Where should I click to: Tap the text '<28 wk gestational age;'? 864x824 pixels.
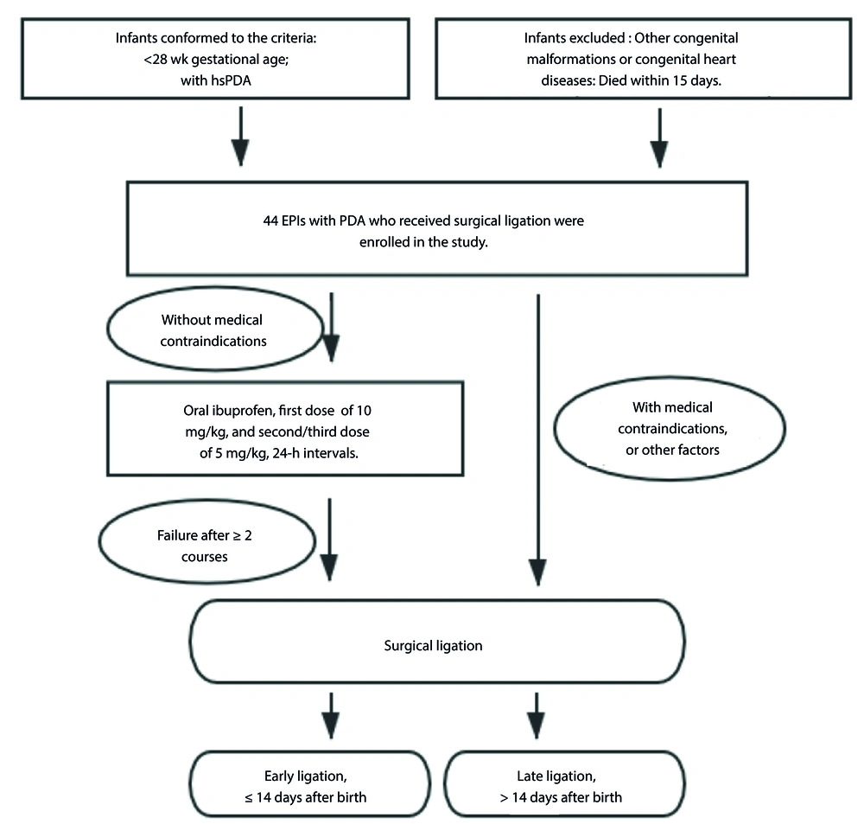216,60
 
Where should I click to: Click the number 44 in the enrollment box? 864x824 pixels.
270,220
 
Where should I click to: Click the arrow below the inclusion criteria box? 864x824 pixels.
240,137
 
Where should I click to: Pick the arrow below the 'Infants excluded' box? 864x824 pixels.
659,137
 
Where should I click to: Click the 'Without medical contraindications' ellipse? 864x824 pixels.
107,329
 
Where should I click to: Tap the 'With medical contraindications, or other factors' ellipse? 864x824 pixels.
555,429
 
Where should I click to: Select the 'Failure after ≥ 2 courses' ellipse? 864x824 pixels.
99,541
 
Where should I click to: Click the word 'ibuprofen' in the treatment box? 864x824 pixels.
247,411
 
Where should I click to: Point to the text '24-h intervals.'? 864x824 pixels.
315,453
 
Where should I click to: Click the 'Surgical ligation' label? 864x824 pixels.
433,645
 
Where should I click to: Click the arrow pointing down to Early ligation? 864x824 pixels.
331,716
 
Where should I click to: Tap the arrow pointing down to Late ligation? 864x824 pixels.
537,716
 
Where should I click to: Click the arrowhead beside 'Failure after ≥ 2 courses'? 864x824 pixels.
329,568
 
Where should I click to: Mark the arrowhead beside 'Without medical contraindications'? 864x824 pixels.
331,348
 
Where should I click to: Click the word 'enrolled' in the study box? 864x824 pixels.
384,242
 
